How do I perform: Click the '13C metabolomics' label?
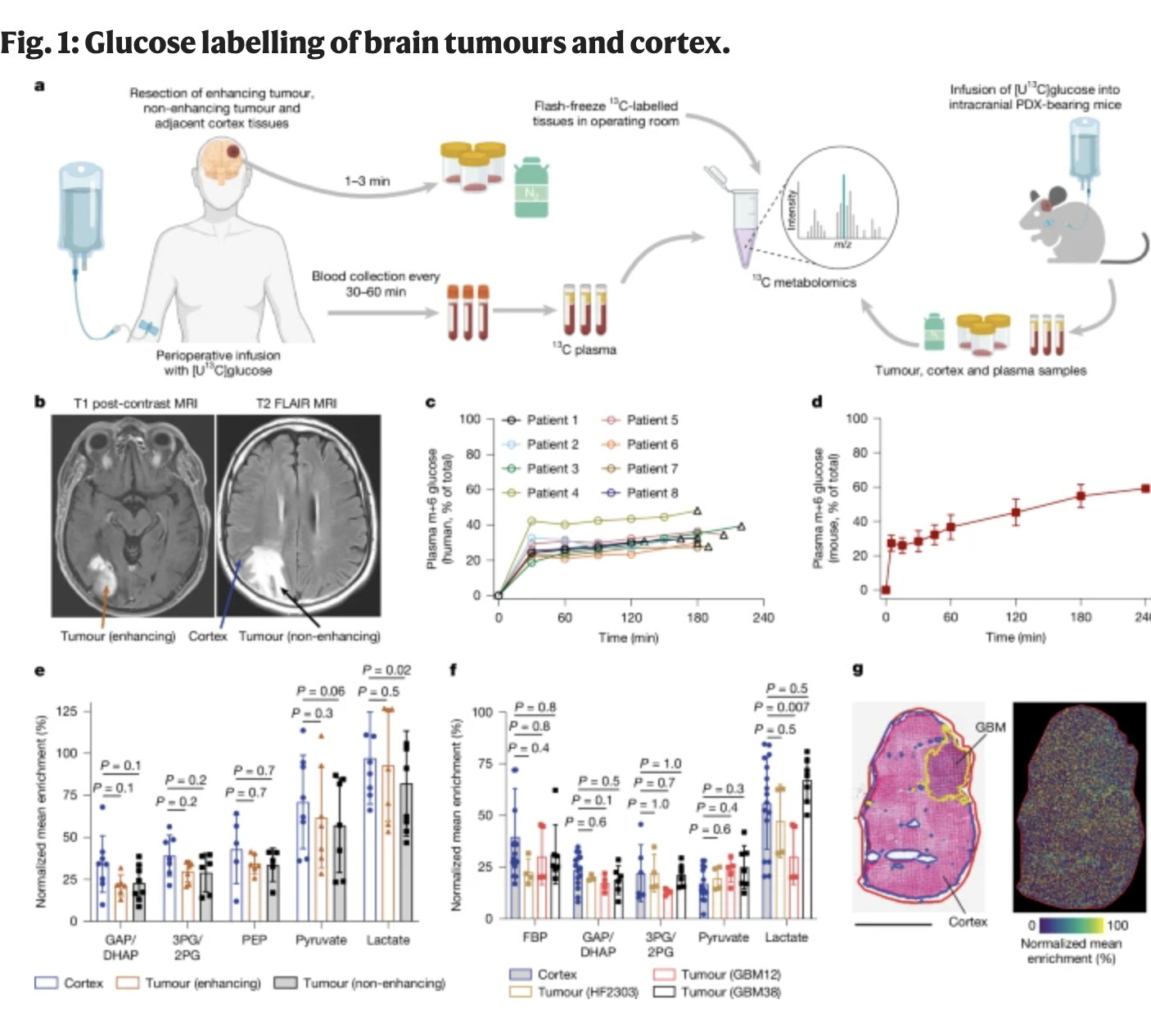[804, 282]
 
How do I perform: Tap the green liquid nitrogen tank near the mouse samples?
[934, 331]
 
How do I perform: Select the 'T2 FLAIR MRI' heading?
[296, 403]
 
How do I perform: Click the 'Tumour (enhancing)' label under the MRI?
[118, 636]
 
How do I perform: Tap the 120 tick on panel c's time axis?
[631, 618]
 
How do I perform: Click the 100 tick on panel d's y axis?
[856, 419]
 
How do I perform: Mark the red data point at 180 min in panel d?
[1081, 496]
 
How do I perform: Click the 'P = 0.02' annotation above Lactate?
[386, 670]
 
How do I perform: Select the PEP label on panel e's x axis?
[254, 939]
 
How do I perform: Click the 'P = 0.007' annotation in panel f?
[781, 707]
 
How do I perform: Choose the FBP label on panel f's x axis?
[535, 937]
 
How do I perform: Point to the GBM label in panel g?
[990, 727]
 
